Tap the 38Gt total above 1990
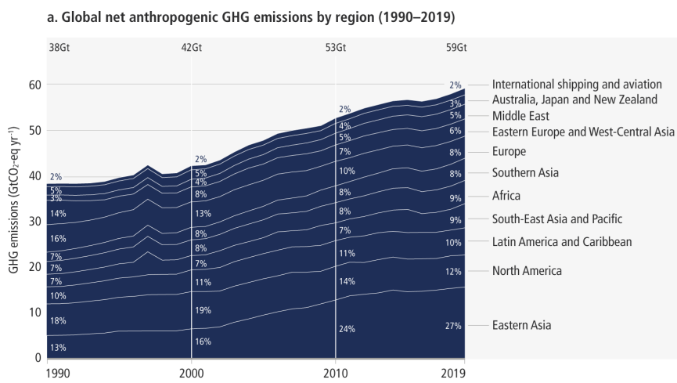pyautogui.click(x=59, y=47)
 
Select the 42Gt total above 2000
pyautogui.click(x=191, y=47)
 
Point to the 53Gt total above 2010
pyautogui.click(x=335, y=47)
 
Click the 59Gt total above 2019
pyautogui.click(x=456, y=47)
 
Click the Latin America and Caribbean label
pyautogui.click(x=561, y=242)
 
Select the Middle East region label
pyautogui.click(x=521, y=115)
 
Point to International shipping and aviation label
pyautogui.click(x=577, y=85)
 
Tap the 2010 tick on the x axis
pyautogui.click(x=335, y=373)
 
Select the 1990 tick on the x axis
pyautogui.click(x=59, y=373)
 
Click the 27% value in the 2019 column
pyautogui.click(x=454, y=325)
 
